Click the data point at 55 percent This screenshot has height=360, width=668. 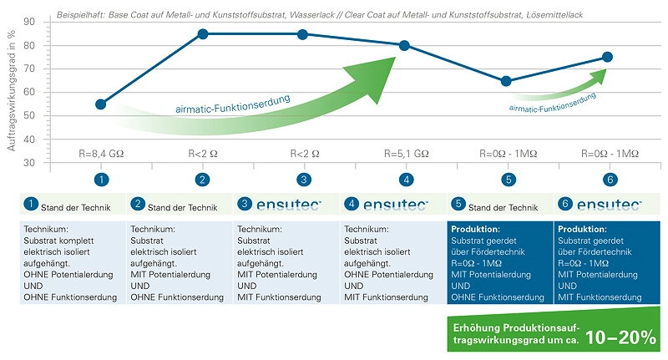click(100, 104)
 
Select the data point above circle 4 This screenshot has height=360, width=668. click(404, 46)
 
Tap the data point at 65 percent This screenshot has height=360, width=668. click(506, 81)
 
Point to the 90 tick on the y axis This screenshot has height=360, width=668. click(29, 22)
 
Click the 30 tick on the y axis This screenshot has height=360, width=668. click(29, 163)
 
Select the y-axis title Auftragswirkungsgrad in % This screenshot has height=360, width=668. click(12, 90)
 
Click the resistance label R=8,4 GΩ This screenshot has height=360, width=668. click(101, 154)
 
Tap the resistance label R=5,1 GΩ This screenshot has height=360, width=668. click(406, 154)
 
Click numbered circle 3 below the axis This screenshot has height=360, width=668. click(304, 180)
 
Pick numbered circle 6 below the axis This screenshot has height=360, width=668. click(610, 180)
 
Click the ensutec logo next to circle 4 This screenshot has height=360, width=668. click(395, 205)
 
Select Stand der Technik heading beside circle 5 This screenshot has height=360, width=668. click(504, 207)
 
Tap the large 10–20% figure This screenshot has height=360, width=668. click(620, 337)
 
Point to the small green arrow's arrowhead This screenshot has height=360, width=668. click(599, 76)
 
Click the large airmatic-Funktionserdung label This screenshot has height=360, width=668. click(233, 104)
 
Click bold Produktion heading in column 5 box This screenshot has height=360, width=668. click(475, 229)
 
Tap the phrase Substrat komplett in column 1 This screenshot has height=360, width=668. click(58, 241)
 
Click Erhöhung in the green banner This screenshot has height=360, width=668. click(476, 327)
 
